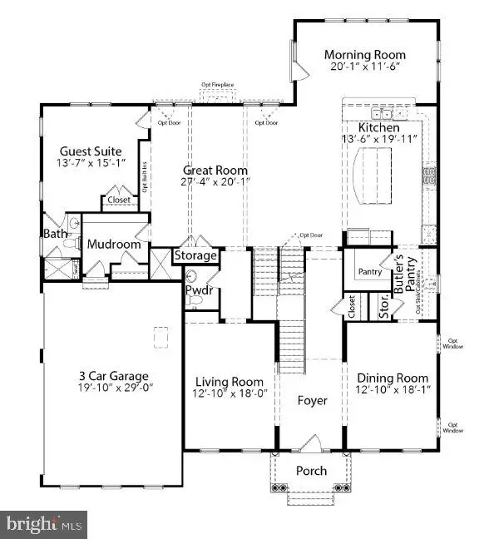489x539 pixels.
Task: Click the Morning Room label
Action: (364, 55)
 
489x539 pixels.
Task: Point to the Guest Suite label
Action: (91, 151)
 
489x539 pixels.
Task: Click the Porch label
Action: (313, 471)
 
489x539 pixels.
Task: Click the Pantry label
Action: (369, 272)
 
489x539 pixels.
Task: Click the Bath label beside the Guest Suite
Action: (56, 234)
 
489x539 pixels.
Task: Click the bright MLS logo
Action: (45, 524)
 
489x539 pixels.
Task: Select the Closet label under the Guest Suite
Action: (116, 200)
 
